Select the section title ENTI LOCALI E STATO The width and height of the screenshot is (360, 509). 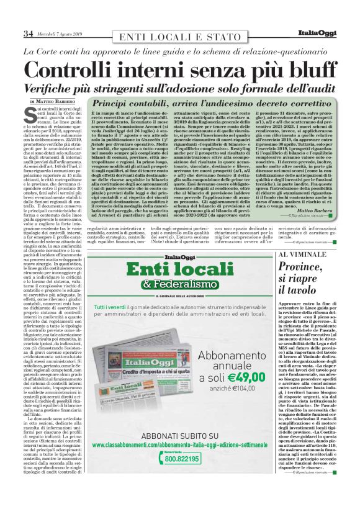point(180,35)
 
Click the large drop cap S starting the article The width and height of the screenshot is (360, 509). point(29,113)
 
